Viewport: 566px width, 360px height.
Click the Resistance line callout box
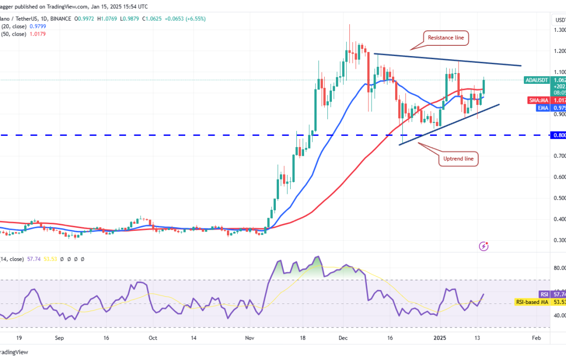(446, 37)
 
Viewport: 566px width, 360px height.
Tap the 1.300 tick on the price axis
(559, 30)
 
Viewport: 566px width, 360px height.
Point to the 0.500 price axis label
(559, 198)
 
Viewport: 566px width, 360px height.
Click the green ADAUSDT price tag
(538, 80)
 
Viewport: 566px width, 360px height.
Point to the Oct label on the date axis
(153, 338)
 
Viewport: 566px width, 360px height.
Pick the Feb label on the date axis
(536, 338)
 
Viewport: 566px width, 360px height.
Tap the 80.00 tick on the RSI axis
(559, 268)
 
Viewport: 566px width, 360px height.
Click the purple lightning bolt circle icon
(483, 246)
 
